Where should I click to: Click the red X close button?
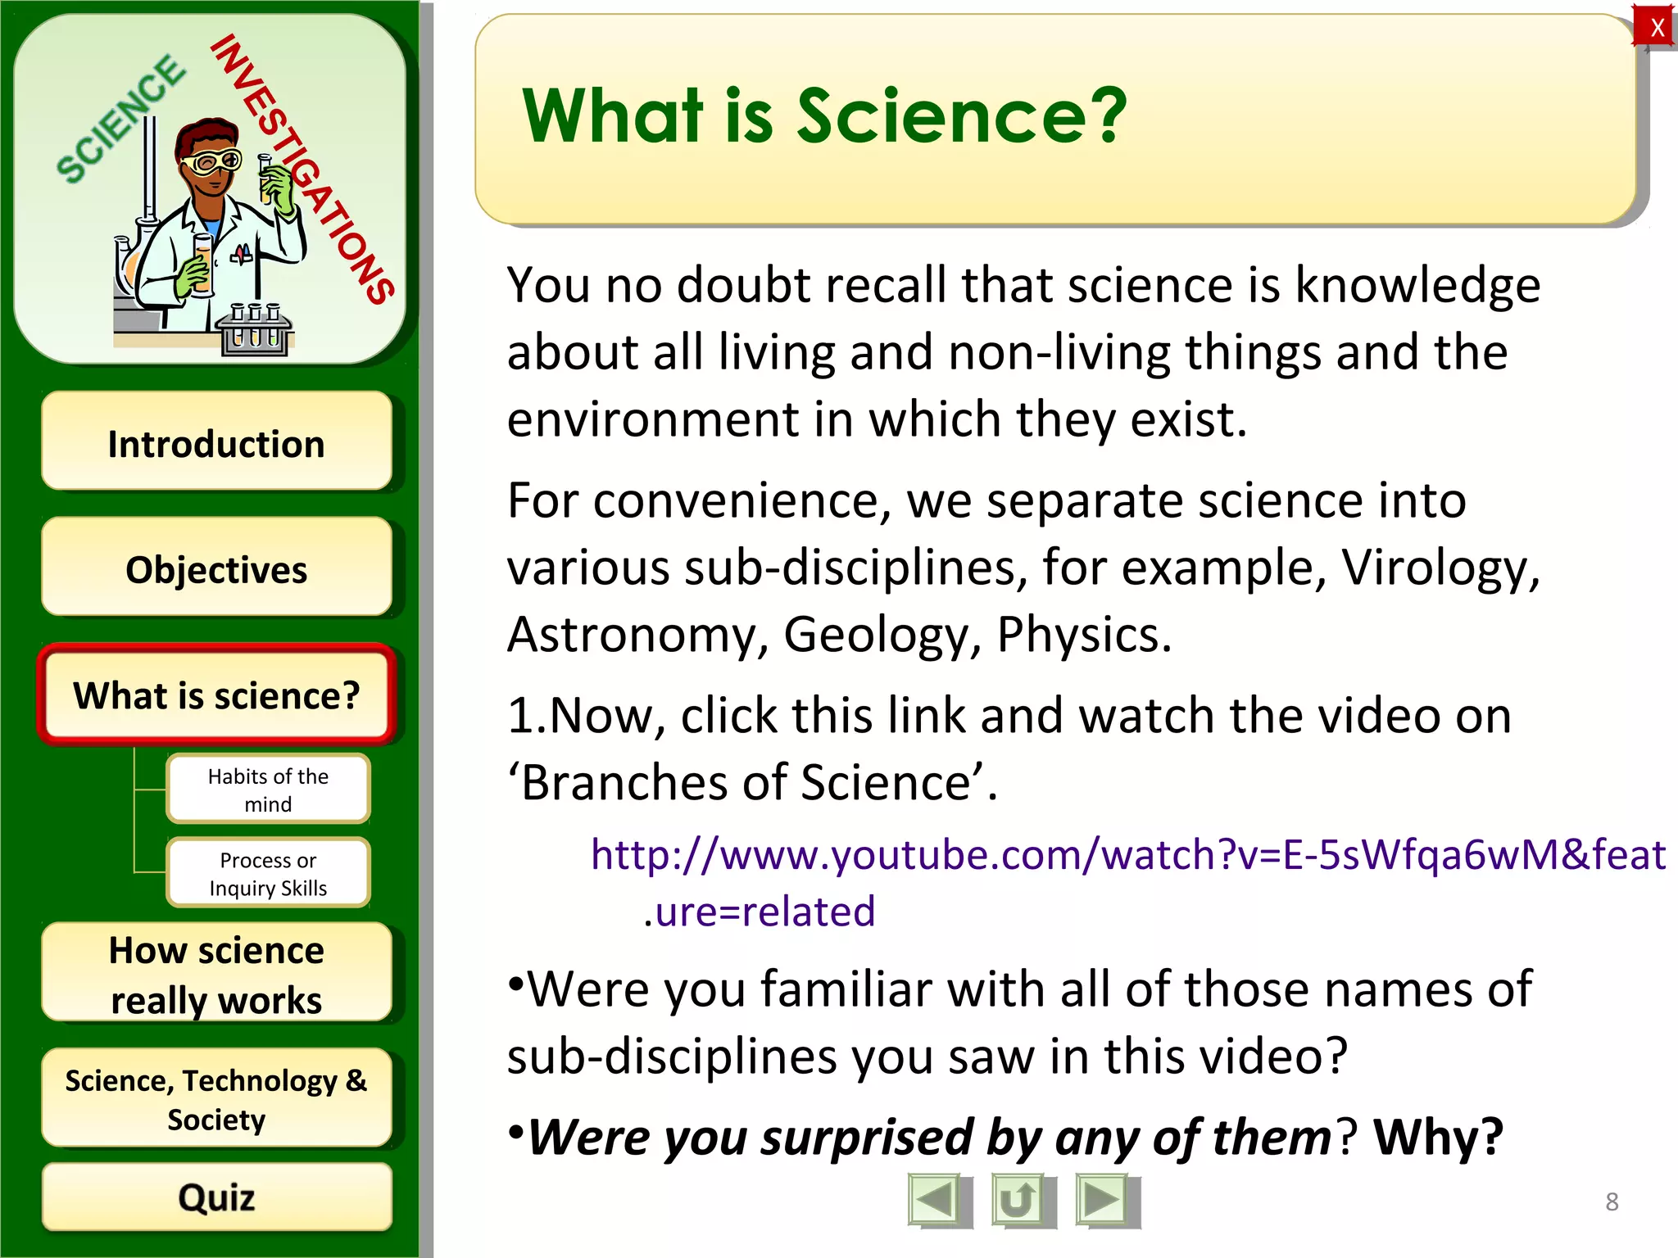pyautogui.click(x=1656, y=28)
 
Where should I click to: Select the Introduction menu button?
pyautogui.click(x=216, y=442)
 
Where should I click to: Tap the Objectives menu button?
pyautogui.click(x=216, y=568)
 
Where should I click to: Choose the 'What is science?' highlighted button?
pyautogui.click(x=216, y=695)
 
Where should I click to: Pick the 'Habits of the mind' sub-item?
pyautogui.click(x=268, y=790)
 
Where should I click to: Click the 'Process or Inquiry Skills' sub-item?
pyautogui.click(x=268, y=873)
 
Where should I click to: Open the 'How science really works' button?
pyautogui.click(x=216, y=974)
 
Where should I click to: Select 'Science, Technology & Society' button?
pyautogui.click(x=216, y=1099)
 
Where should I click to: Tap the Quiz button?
pyautogui.click(x=216, y=1197)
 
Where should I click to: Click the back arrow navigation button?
pyautogui.click(x=937, y=1201)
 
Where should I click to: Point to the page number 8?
pyautogui.click(x=1612, y=1201)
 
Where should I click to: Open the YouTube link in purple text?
pyautogui.click(x=1127, y=855)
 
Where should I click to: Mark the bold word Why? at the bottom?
pyautogui.click(x=1438, y=1138)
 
